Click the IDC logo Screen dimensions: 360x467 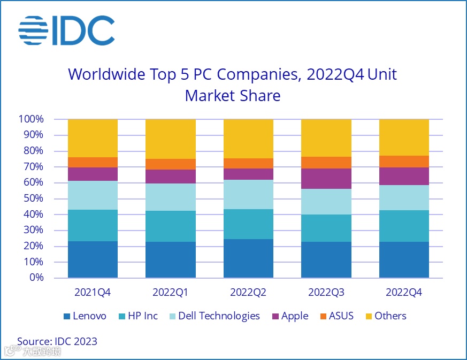[66, 30]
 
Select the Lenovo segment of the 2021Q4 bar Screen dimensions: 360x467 [93, 259]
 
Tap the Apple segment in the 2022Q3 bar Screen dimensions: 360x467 [326, 179]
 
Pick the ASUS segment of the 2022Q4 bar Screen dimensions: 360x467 [404, 162]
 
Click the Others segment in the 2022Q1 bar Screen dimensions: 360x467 [171, 139]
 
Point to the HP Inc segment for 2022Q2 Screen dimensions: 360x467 [248, 224]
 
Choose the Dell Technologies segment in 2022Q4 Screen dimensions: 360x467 [404, 197]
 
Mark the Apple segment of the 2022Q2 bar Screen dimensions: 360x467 [248, 174]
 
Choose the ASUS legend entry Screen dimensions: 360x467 [336, 316]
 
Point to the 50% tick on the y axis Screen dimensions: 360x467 [34, 198]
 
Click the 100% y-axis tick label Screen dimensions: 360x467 [31, 119]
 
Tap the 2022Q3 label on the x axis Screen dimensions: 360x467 [326, 293]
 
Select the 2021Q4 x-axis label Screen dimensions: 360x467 [93, 293]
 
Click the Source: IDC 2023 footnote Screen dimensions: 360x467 [57, 341]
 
